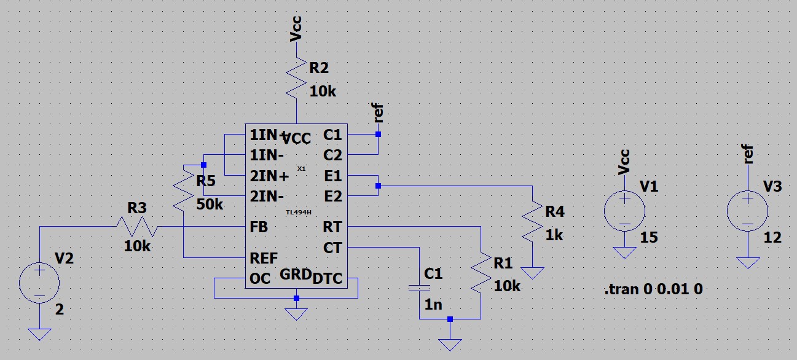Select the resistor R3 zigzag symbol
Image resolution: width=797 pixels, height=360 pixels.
point(137,227)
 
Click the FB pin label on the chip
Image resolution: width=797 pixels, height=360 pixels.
point(259,227)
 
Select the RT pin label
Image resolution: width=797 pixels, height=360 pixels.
point(332,227)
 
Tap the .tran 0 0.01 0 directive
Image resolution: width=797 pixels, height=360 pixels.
point(653,289)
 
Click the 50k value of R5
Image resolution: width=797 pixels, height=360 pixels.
point(210,204)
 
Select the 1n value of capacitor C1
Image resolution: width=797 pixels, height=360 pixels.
point(433,303)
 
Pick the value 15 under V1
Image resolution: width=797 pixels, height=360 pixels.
point(650,237)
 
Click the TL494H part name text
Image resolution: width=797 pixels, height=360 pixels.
point(298,212)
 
